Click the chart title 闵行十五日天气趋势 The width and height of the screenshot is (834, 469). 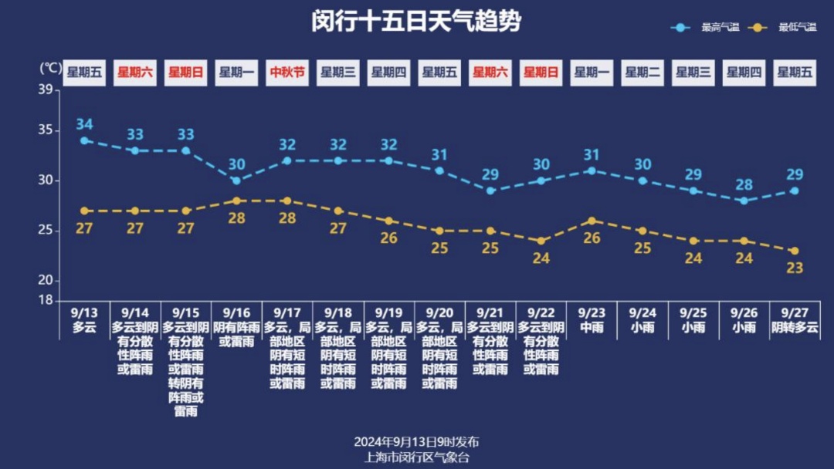coord(416,22)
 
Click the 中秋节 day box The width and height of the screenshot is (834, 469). coord(287,73)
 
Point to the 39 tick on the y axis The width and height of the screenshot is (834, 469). coord(46,90)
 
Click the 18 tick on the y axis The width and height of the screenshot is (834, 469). coord(46,299)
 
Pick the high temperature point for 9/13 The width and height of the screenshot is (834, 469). coord(84,140)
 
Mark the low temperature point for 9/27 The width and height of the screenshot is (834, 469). coord(794,251)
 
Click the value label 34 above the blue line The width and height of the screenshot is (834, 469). coord(84,124)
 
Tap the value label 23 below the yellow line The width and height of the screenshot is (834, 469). coord(794,268)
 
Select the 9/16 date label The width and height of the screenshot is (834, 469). coord(236,313)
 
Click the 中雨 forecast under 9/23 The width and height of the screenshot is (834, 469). coord(592,327)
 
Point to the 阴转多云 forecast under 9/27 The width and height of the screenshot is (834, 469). coord(794,327)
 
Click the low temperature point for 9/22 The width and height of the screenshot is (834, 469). coord(541,241)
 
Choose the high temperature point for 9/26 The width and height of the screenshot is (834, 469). coord(744,201)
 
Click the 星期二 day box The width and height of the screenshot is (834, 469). coord(642,73)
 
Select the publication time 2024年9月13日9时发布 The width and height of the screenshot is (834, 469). coord(416,442)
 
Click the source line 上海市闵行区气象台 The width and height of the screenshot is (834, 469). coord(416,457)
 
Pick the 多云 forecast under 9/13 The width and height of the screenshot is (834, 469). coord(84,327)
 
